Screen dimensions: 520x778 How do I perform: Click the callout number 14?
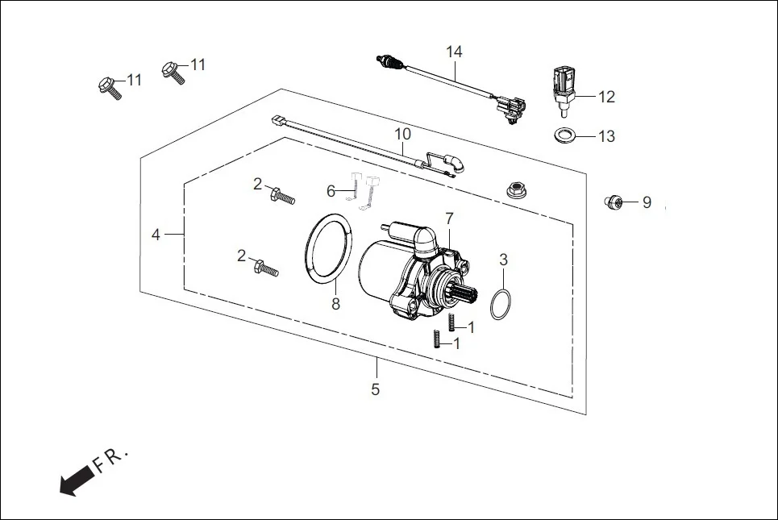455,52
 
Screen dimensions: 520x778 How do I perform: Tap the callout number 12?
606,97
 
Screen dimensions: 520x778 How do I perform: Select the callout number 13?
606,136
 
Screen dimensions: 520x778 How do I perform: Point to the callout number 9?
647,202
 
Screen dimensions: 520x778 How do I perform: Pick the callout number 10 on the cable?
402,133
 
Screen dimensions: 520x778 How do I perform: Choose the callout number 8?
336,304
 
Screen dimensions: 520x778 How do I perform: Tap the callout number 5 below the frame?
375,389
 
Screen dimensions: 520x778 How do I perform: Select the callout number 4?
156,235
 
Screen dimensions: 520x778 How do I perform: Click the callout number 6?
331,191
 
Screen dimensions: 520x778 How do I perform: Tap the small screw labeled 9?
614,201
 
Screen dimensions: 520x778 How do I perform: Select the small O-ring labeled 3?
501,303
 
